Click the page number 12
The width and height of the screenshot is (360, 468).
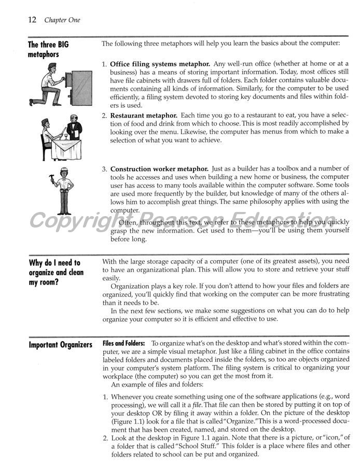(x=32, y=20)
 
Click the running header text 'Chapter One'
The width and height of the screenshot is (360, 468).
(x=62, y=21)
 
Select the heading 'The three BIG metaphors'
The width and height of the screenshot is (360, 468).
(x=48, y=49)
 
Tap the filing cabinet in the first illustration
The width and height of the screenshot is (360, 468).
(x=81, y=88)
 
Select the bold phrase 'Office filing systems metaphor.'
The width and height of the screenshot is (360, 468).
(x=160, y=64)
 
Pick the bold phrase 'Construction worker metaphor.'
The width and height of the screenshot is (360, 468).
(x=159, y=169)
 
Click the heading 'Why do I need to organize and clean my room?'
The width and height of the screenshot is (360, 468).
(x=56, y=272)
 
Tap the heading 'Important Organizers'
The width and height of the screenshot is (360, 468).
(x=61, y=345)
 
